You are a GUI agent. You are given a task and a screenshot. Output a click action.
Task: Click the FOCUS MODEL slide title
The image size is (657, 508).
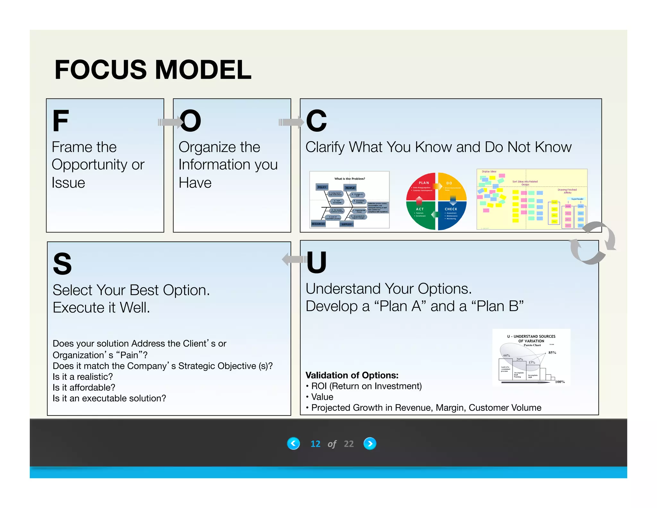pyautogui.click(x=153, y=70)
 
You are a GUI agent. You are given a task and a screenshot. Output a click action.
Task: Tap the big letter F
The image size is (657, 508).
pyautogui.click(x=61, y=121)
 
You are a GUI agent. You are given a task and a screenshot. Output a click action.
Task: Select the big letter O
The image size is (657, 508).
pyautogui.click(x=190, y=121)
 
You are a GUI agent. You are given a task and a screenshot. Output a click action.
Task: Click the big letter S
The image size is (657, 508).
pyautogui.click(x=62, y=264)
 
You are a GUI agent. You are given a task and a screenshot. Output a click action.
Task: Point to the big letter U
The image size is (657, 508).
pyautogui.click(x=316, y=262)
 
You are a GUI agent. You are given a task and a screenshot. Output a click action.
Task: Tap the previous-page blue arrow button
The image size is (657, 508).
pyautogui.click(x=293, y=443)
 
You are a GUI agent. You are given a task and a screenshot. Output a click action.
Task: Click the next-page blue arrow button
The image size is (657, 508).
pyautogui.click(x=370, y=443)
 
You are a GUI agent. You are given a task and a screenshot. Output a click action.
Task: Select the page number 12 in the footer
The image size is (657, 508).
pyautogui.click(x=315, y=444)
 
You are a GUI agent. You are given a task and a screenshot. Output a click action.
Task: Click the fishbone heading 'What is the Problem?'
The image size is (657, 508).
pyautogui.click(x=350, y=179)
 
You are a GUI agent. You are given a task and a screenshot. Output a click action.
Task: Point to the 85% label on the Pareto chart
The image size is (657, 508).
pyautogui.click(x=552, y=353)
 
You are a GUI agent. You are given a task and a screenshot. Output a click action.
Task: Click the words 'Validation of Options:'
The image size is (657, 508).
pyautogui.click(x=352, y=375)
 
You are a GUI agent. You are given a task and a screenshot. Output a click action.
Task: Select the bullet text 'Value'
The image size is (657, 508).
pyautogui.click(x=322, y=397)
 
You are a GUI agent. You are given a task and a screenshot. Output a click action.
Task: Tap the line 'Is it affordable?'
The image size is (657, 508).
pyautogui.click(x=84, y=388)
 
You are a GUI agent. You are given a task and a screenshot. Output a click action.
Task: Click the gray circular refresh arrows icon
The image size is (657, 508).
pyautogui.click(x=593, y=243)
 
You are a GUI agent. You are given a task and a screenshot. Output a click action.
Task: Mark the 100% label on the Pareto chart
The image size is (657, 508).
pyautogui.click(x=560, y=382)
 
